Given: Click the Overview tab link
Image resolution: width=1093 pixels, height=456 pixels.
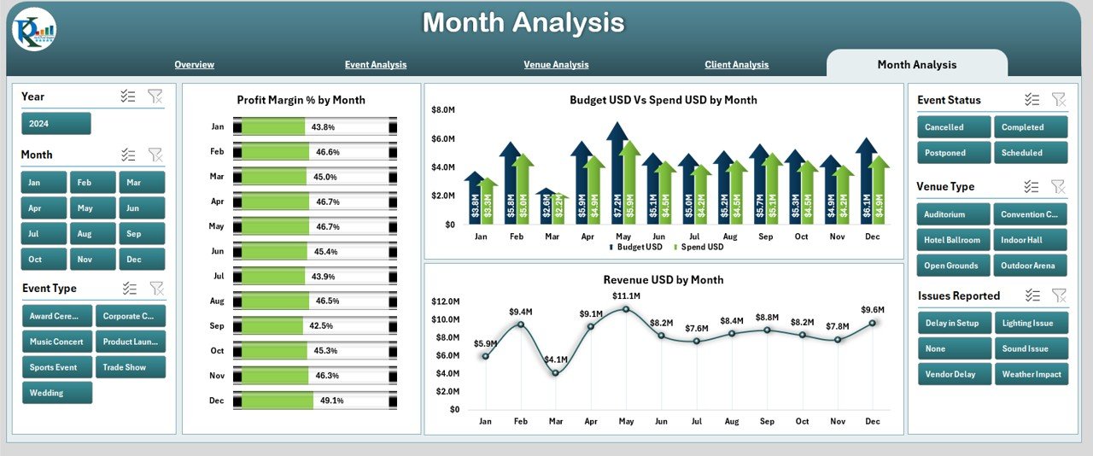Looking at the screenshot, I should click(194, 65).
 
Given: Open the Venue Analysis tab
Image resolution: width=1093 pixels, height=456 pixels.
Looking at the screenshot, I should click(556, 65).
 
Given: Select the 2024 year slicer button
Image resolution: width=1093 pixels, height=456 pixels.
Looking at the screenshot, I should click(56, 124).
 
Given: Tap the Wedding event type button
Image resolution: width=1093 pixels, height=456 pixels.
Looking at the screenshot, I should click(56, 393).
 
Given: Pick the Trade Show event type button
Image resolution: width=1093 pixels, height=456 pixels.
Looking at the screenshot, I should click(130, 367).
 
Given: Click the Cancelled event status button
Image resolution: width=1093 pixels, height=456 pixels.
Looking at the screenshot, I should click(953, 127).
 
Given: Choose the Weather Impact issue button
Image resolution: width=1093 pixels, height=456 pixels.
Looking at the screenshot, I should click(1031, 374).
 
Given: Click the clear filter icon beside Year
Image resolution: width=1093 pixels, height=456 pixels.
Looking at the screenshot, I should click(155, 96).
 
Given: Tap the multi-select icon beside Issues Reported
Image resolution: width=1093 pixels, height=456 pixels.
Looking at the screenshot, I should click(1032, 295).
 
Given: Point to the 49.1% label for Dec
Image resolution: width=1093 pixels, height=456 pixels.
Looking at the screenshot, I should click(330, 400).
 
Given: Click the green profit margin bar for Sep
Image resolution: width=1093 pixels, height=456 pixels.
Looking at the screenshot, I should click(272, 326).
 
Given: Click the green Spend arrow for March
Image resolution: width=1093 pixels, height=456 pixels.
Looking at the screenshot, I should click(558, 208).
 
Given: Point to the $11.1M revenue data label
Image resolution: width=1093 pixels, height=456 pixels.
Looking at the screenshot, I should click(626, 295).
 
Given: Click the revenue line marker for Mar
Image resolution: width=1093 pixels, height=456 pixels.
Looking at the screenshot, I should click(555, 372).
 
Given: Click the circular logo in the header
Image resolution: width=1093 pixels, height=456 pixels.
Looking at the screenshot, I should click(34, 32).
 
